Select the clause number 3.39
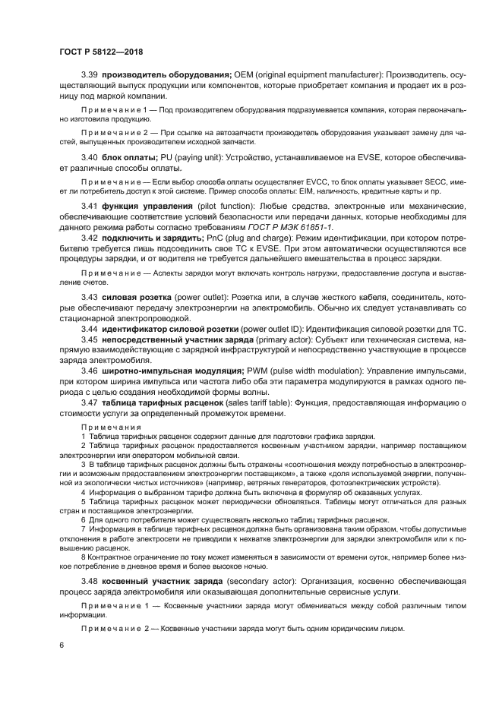tap(90, 76)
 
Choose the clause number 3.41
tap(90, 207)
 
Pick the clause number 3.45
tap(90, 339)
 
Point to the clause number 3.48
tap(90, 581)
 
